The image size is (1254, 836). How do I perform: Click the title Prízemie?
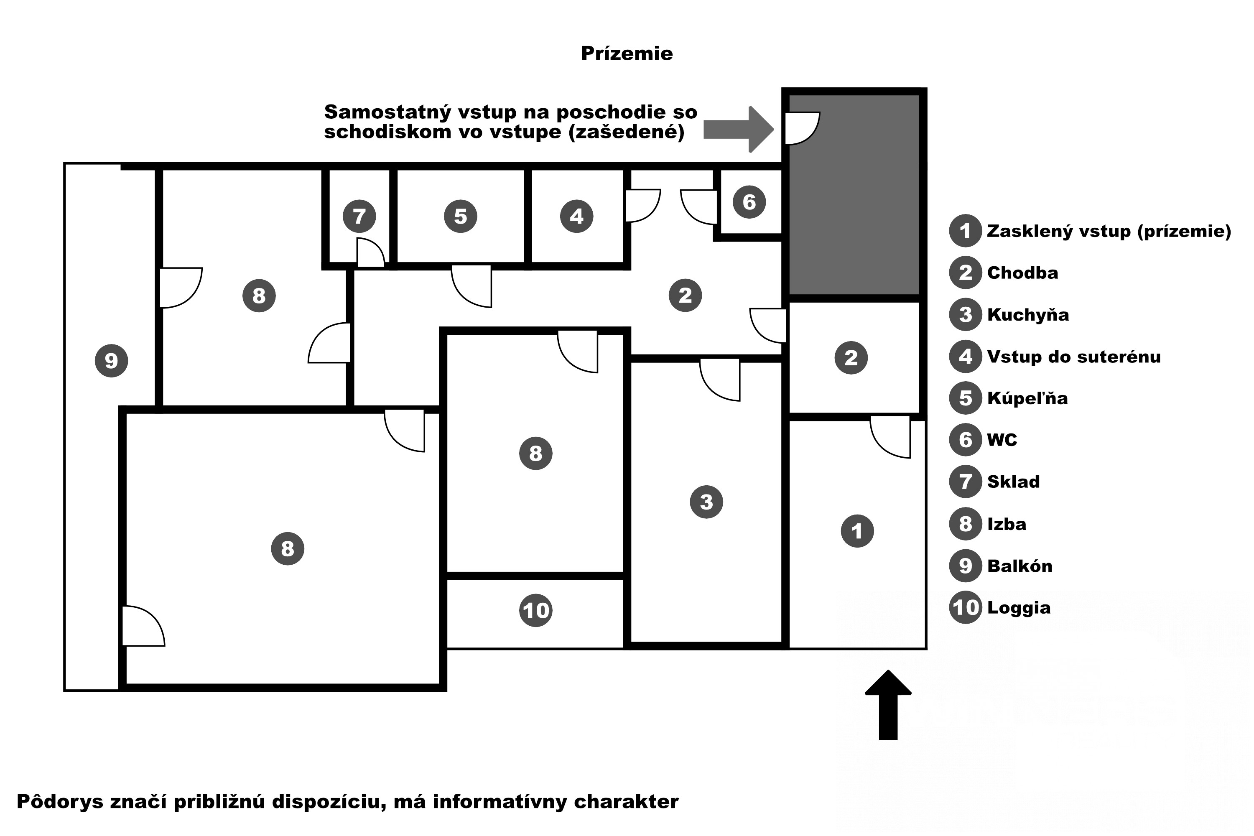click(x=627, y=54)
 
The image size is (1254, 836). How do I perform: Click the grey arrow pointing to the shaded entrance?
click(x=739, y=130)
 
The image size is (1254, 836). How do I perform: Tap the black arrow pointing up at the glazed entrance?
click(x=888, y=704)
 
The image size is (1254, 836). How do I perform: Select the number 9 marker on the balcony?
click(x=112, y=361)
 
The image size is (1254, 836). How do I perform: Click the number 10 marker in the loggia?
click(x=536, y=610)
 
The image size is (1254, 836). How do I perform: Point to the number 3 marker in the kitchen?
click(x=706, y=502)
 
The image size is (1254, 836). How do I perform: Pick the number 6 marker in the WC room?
click(x=749, y=202)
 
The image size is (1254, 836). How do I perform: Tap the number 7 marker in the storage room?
click(x=359, y=217)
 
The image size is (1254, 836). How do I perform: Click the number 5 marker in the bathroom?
click(x=461, y=217)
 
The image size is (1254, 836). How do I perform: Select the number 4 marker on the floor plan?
click(x=576, y=217)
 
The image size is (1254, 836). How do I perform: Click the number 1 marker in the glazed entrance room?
click(x=857, y=531)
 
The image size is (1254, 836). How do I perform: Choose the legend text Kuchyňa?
click(x=1028, y=315)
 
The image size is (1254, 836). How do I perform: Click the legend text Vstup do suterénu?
click(x=1074, y=357)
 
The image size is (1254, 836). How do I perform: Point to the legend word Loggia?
click(x=1018, y=608)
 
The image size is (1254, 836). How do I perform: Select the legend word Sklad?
click(x=1013, y=482)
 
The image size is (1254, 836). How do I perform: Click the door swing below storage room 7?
click(x=370, y=253)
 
